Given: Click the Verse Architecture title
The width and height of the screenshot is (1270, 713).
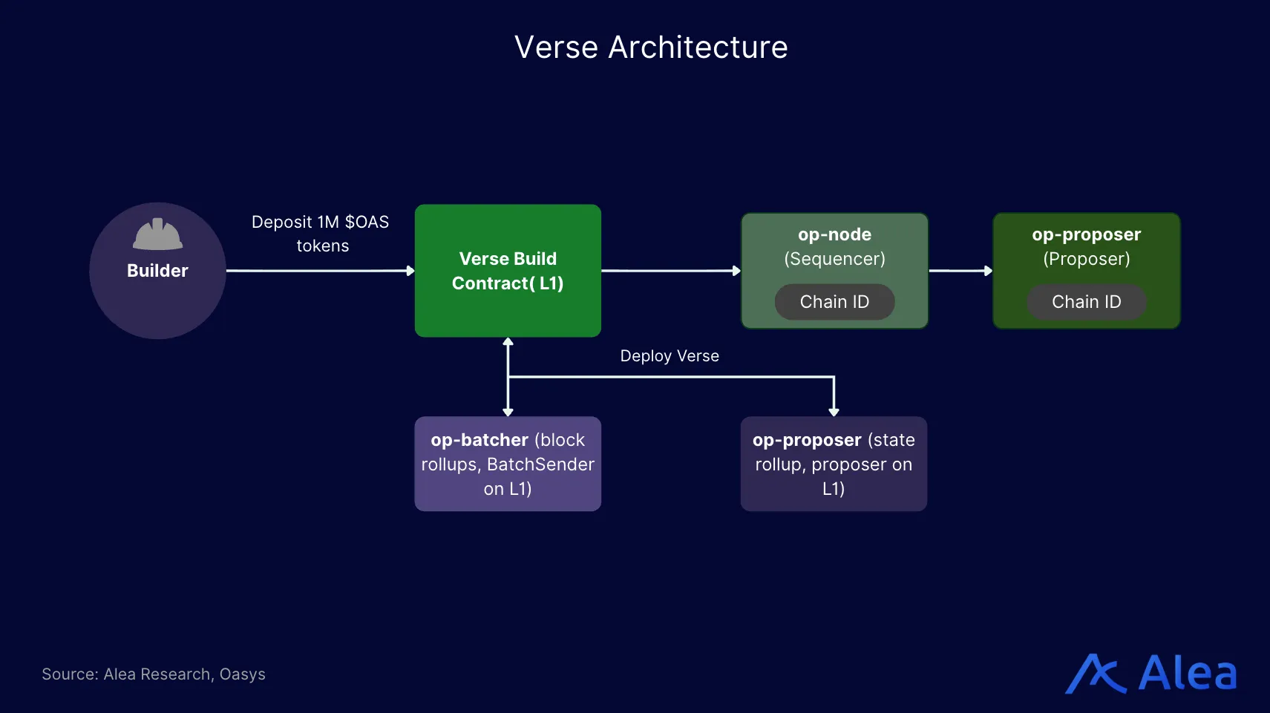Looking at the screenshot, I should [651, 47].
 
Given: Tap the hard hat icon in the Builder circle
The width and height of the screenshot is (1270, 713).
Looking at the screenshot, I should [157, 234].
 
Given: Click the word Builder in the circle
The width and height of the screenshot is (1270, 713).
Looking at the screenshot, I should [157, 271].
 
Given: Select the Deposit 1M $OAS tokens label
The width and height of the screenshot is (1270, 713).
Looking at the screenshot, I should [321, 234].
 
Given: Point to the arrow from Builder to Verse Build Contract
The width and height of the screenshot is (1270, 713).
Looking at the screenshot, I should [319, 271].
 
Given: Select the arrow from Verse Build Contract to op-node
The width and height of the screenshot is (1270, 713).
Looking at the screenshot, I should [670, 271].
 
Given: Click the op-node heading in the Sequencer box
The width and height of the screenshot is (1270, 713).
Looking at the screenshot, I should [834, 234].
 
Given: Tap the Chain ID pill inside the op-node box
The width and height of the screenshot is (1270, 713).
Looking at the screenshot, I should [834, 302].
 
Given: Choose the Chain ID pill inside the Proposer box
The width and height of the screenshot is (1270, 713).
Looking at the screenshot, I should [1086, 302].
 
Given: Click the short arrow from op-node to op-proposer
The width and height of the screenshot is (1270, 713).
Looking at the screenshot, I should [960, 271].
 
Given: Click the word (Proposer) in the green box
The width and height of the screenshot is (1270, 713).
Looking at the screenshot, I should [1086, 259].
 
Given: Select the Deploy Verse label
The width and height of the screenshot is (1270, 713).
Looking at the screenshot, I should [670, 356].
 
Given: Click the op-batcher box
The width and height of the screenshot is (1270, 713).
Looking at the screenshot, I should [508, 464].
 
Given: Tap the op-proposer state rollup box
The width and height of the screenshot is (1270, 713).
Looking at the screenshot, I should [834, 464].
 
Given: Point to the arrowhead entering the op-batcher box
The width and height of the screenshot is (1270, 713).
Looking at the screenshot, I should [508, 412].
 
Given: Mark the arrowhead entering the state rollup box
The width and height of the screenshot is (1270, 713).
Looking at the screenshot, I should [834, 412].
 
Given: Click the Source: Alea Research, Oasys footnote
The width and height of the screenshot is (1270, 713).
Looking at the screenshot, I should [154, 674].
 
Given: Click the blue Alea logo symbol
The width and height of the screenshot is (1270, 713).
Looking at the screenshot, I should [1096, 674].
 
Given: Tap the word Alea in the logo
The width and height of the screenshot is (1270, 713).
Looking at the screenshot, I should [1188, 674].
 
